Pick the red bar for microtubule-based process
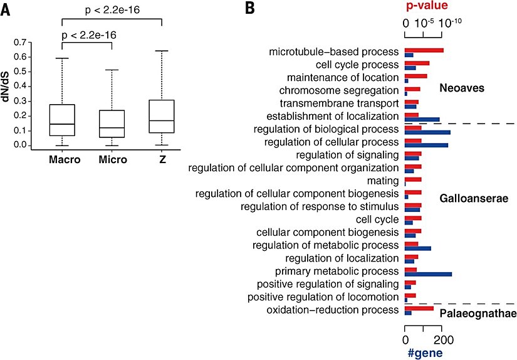(424, 50)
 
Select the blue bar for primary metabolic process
(428, 275)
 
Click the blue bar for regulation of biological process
(427, 132)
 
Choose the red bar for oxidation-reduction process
(419, 308)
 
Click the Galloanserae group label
(471, 198)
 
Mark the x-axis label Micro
(113, 160)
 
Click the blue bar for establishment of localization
(422, 119)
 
